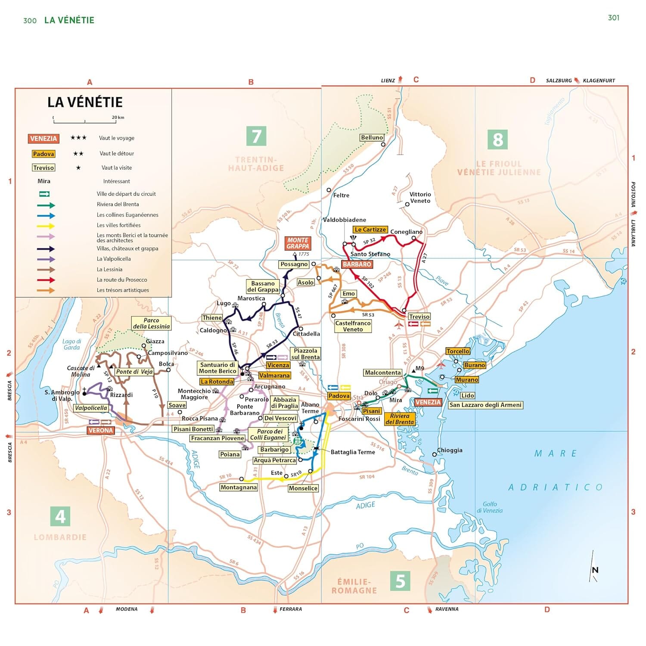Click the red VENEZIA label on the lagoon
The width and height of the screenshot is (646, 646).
[x=428, y=402]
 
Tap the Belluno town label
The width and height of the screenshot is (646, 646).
[x=372, y=137]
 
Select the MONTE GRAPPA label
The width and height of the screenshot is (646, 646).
[x=298, y=243]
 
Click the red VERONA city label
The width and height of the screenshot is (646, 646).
[x=100, y=430]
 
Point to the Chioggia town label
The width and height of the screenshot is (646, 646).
[x=450, y=450]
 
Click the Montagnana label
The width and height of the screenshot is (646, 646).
[x=238, y=488]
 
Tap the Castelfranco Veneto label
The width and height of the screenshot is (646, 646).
[x=353, y=326]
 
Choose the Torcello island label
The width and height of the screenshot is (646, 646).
[x=458, y=351]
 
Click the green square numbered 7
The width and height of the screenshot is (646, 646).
[x=256, y=136]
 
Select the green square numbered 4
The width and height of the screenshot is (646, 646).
[x=60, y=516]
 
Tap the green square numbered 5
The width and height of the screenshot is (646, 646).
[x=400, y=581]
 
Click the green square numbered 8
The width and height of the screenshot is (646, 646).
[x=498, y=139]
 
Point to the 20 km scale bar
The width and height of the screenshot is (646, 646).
[x=85, y=121]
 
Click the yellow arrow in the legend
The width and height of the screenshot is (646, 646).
[x=46, y=226]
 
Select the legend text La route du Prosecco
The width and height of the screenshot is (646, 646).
[x=122, y=280]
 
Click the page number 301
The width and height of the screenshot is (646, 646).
[x=613, y=18]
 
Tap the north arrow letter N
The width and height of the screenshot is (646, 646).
[x=595, y=570]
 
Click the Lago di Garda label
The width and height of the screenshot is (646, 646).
[x=71, y=344]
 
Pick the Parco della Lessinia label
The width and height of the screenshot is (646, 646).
[x=151, y=323]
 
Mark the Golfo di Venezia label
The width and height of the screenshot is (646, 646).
[x=490, y=507]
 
